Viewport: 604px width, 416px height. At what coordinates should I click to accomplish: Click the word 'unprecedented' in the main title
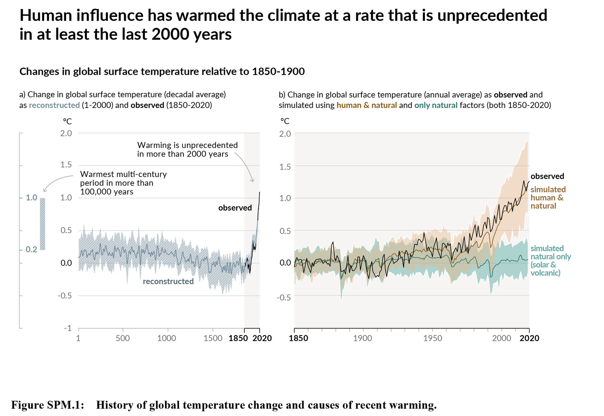click(492, 15)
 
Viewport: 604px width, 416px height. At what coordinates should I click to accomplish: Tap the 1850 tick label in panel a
click(238, 338)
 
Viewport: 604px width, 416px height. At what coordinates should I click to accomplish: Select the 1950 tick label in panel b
click(433, 338)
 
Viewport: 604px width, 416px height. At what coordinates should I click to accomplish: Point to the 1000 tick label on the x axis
click(167, 338)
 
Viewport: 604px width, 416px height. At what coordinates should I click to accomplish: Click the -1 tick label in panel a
click(68, 328)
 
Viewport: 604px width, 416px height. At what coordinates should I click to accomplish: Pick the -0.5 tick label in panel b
click(284, 297)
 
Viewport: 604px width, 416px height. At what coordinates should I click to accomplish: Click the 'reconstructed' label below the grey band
click(168, 281)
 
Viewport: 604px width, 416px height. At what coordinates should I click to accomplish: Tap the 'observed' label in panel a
click(235, 208)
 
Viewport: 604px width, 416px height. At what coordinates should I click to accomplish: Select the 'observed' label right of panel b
click(547, 176)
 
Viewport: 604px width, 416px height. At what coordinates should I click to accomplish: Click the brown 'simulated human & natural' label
click(547, 198)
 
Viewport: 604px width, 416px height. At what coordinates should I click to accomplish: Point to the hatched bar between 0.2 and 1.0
click(42, 223)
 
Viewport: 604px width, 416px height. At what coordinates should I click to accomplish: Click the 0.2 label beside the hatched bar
click(31, 249)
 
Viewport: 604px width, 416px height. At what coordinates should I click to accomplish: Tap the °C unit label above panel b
click(285, 121)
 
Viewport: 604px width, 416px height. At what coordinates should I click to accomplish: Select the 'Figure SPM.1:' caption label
click(47, 405)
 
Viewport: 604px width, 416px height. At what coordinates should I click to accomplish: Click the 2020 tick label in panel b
click(529, 338)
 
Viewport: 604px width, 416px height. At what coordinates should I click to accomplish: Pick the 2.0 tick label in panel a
click(66, 133)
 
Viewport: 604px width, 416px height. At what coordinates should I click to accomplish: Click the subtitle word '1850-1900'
click(278, 71)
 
